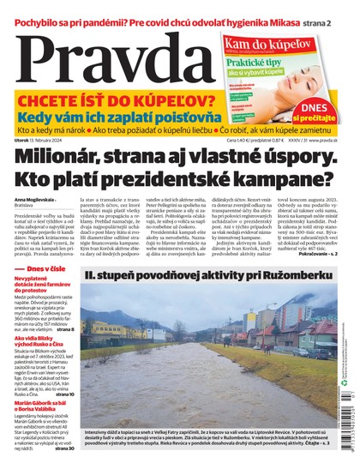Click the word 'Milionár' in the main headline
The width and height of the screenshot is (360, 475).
click(72, 156)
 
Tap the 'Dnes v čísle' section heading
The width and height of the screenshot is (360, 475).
click(44, 268)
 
